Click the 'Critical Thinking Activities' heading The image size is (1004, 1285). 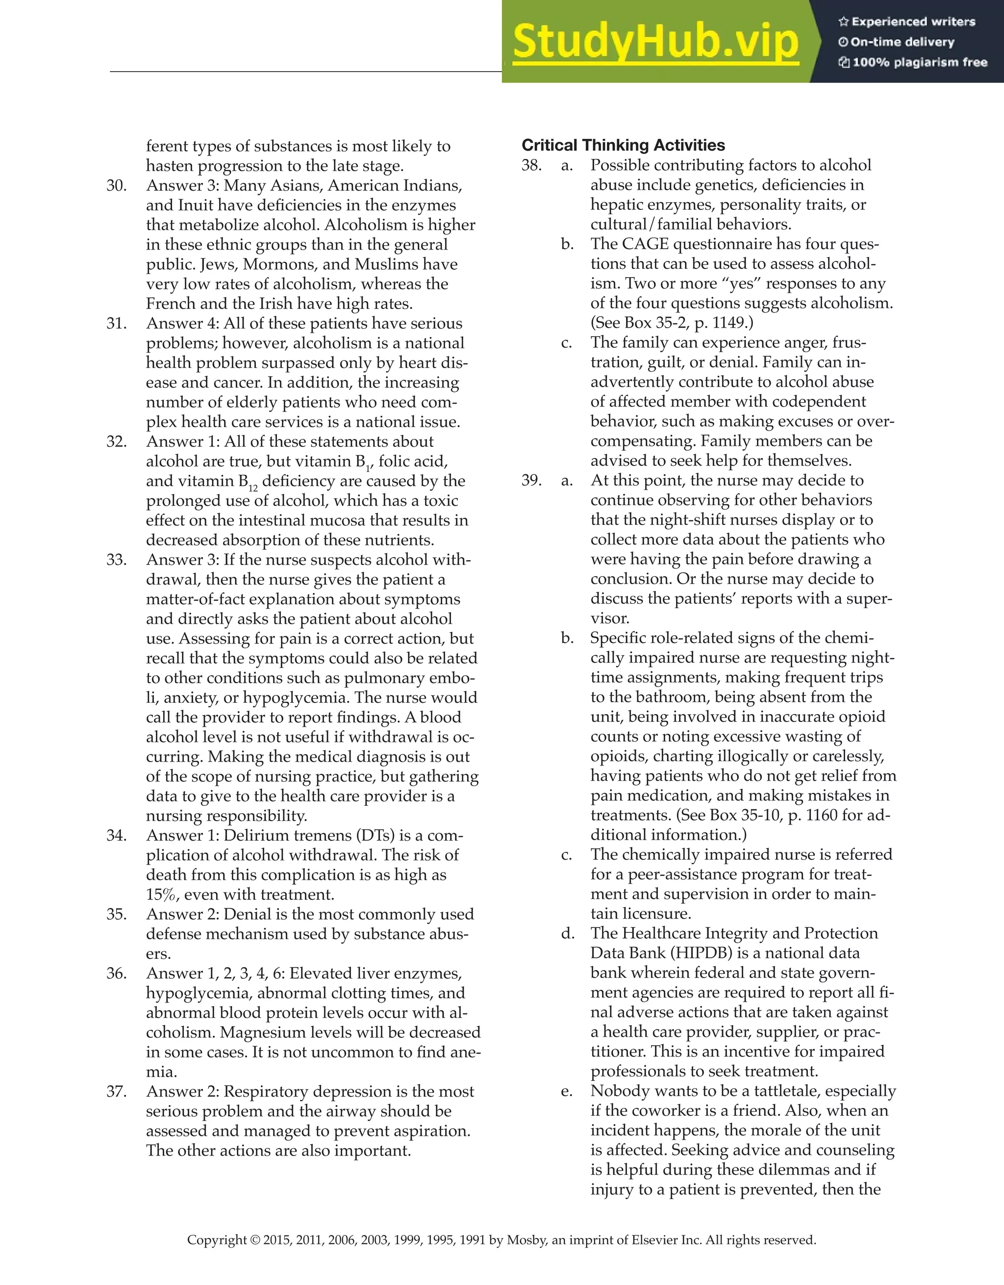pos(623,145)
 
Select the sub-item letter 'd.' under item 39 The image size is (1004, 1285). pos(567,933)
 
